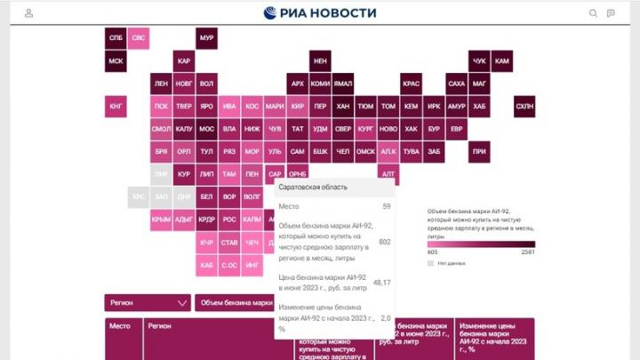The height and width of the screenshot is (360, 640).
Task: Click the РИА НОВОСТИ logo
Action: pos(320,12)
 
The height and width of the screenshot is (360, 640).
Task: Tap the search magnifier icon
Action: pos(593,13)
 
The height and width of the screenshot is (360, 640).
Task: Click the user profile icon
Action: pos(29,13)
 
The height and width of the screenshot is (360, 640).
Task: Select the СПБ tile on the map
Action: pos(116,39)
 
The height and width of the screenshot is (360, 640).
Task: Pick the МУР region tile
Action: pos(206,39)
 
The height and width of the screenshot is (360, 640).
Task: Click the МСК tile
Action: pos(116,62)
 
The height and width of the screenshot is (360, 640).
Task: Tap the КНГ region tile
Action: pos(116,108)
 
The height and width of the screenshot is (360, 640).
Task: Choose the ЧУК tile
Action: pos(479,61)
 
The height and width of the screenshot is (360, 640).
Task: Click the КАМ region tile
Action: pos(502,61)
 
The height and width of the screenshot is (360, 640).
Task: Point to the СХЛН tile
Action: pos(524,108)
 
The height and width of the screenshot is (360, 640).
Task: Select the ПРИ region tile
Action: pos(479,152)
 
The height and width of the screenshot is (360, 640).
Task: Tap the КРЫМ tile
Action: pos(161,219)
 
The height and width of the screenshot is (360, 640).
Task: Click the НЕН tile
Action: pos(320,61)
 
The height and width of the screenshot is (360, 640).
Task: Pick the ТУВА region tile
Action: pos(411,152)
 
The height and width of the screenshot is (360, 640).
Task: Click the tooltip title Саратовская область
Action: pos(308,188)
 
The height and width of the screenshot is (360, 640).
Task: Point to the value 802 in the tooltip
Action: pos(384,242)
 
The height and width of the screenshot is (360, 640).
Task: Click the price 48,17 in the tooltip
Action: pos(382,282)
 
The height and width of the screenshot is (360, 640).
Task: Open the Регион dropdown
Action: pos(148,302)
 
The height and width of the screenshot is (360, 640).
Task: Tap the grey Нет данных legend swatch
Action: pos(431,263)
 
